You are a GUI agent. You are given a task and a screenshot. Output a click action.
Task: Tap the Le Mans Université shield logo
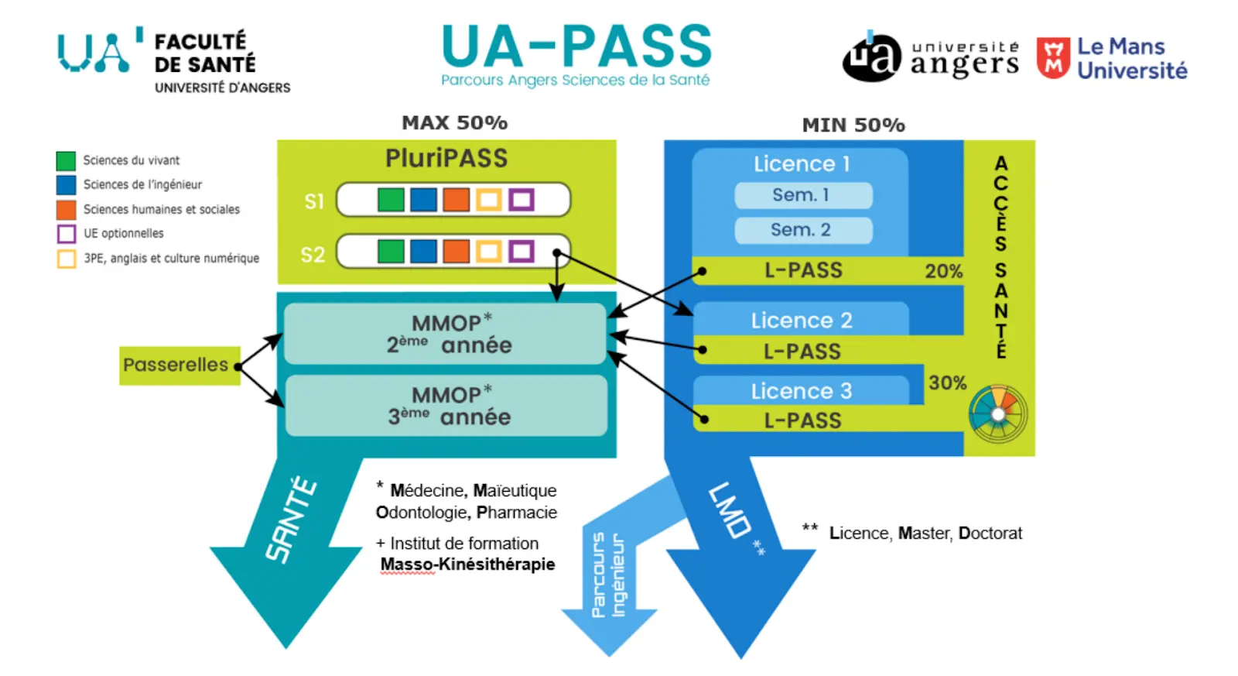pyautogui.click(x=1053, y=58)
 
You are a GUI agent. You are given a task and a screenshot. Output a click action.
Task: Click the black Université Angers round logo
pyautogui.click(x=872, y=57)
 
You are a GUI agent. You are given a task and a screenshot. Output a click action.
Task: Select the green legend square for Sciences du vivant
pyautogui.click(x=66, y=160)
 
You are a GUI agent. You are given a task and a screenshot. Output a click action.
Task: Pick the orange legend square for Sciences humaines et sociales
pyautogui.click(x=66, y=209)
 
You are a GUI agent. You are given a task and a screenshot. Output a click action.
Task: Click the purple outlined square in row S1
pyautogui.click(x=522, y=200)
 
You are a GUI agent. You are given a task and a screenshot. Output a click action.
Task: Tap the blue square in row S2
pyautogui.click(x=423, y=251)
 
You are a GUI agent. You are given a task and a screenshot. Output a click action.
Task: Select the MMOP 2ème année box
pyautogui.click(x=445, y=334)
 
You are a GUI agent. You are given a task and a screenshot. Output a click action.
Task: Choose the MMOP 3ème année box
pyautogui.click(x=446, y=406)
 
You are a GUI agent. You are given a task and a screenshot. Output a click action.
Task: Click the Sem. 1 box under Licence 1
pyautogui.click(x=802, y=195)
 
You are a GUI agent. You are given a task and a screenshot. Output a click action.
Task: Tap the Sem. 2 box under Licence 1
pyautogui.click(x=802, y=230)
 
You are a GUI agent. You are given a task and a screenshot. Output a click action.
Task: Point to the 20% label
pyautogui.click(x=943, y=271)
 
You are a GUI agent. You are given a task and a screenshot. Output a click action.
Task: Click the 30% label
pyautogui.click(x=947, y=383)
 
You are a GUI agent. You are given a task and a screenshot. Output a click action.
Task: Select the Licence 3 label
pyautogui.click(x=801, y=391)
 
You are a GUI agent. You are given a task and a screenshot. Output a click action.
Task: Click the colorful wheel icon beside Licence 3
pyautogui.click(x=998, y=414)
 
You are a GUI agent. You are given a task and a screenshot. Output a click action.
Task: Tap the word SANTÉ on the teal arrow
pyautogui.click(x=292, y=519)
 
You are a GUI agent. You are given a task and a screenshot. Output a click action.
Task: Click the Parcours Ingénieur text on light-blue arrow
pyautogui.click(x=609, y=575)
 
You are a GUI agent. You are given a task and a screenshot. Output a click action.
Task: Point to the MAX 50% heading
pyautogui.click(x=454, y=122)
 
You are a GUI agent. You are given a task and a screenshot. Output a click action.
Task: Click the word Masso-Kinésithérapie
pyautogui.click(x=467, y=564)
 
